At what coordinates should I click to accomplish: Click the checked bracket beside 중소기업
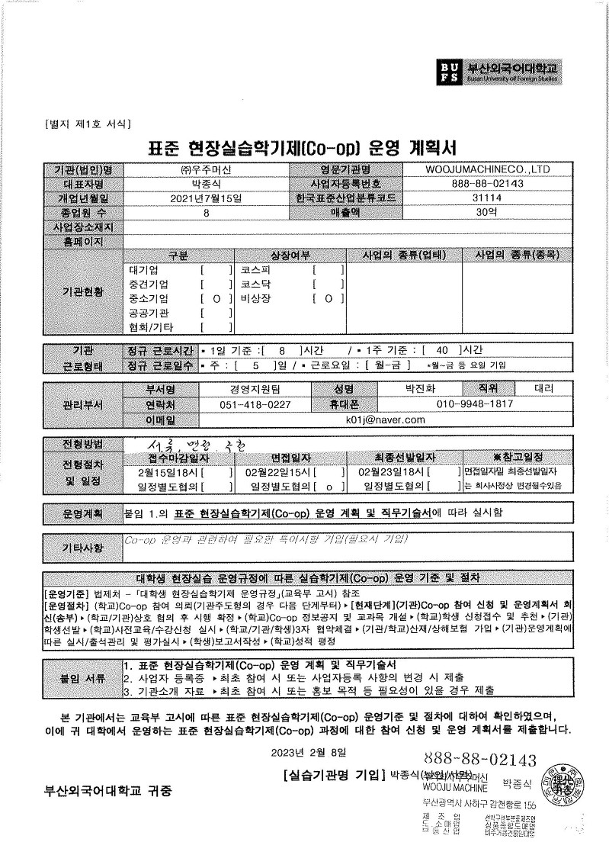click(x=216, y=299)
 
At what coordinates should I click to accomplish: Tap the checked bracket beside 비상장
click(x=329, y=299)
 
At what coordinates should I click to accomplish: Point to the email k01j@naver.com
click(x=385, y=419)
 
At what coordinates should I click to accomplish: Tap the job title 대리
click(x=543, y=388)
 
